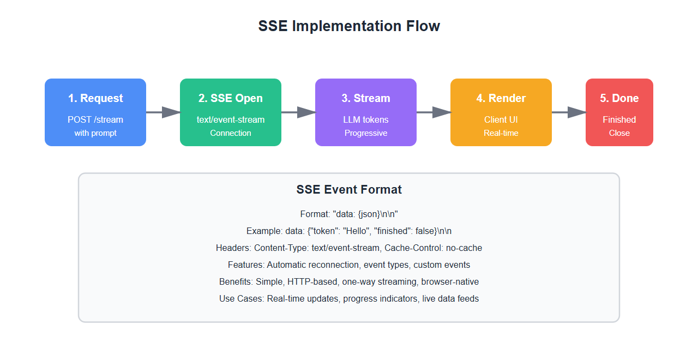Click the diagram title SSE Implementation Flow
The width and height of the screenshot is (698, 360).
349,26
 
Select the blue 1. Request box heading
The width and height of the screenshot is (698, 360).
95,98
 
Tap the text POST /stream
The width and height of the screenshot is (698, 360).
95,119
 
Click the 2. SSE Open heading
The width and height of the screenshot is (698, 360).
231,98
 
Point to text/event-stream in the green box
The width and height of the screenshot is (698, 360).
231,119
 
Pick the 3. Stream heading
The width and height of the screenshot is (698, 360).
366,98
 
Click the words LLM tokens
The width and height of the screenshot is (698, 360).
366,119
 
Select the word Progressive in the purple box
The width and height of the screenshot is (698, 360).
366,133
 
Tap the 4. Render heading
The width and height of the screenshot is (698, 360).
501,98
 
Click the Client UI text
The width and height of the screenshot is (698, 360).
501,119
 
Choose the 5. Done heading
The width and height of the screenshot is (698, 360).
619,98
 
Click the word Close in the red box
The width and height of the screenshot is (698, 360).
619,133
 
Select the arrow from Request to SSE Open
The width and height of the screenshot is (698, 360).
163,112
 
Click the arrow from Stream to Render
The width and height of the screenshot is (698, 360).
434,112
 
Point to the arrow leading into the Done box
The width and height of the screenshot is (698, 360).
569,112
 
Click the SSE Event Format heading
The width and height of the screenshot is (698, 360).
349,190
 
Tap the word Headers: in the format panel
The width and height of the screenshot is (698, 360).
234,248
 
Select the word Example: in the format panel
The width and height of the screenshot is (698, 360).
263,231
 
